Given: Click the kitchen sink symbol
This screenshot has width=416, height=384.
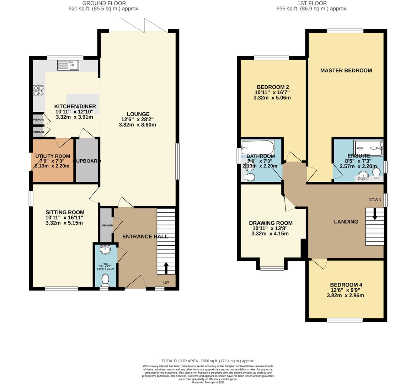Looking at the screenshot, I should click(68, 65).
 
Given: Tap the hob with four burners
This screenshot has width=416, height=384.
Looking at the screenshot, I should click(38, 90).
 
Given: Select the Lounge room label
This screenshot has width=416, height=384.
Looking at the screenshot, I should click(137, 114).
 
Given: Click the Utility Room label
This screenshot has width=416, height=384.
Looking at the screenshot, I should click(53, 156).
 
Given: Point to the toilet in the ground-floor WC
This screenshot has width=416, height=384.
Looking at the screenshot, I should click(105, 281).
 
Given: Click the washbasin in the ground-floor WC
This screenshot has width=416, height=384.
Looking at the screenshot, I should click(105, 250).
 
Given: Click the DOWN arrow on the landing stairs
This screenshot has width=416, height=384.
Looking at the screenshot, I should click(374, 214).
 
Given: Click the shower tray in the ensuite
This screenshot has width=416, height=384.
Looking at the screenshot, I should click(368, 146).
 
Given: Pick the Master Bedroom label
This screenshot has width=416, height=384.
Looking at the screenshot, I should click(346, 70).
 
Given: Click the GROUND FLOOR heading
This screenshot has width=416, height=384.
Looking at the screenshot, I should click(104, 3).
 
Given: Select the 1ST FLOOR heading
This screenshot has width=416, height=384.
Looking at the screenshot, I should click(312, 3).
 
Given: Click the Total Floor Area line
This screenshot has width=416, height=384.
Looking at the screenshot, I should click(208, 361).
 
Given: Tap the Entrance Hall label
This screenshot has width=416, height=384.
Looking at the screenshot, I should click(145, 236).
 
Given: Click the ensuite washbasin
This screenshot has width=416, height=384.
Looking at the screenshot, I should click(363, 175).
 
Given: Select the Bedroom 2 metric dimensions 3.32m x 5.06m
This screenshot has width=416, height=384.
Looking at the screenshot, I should click(272, 97).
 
